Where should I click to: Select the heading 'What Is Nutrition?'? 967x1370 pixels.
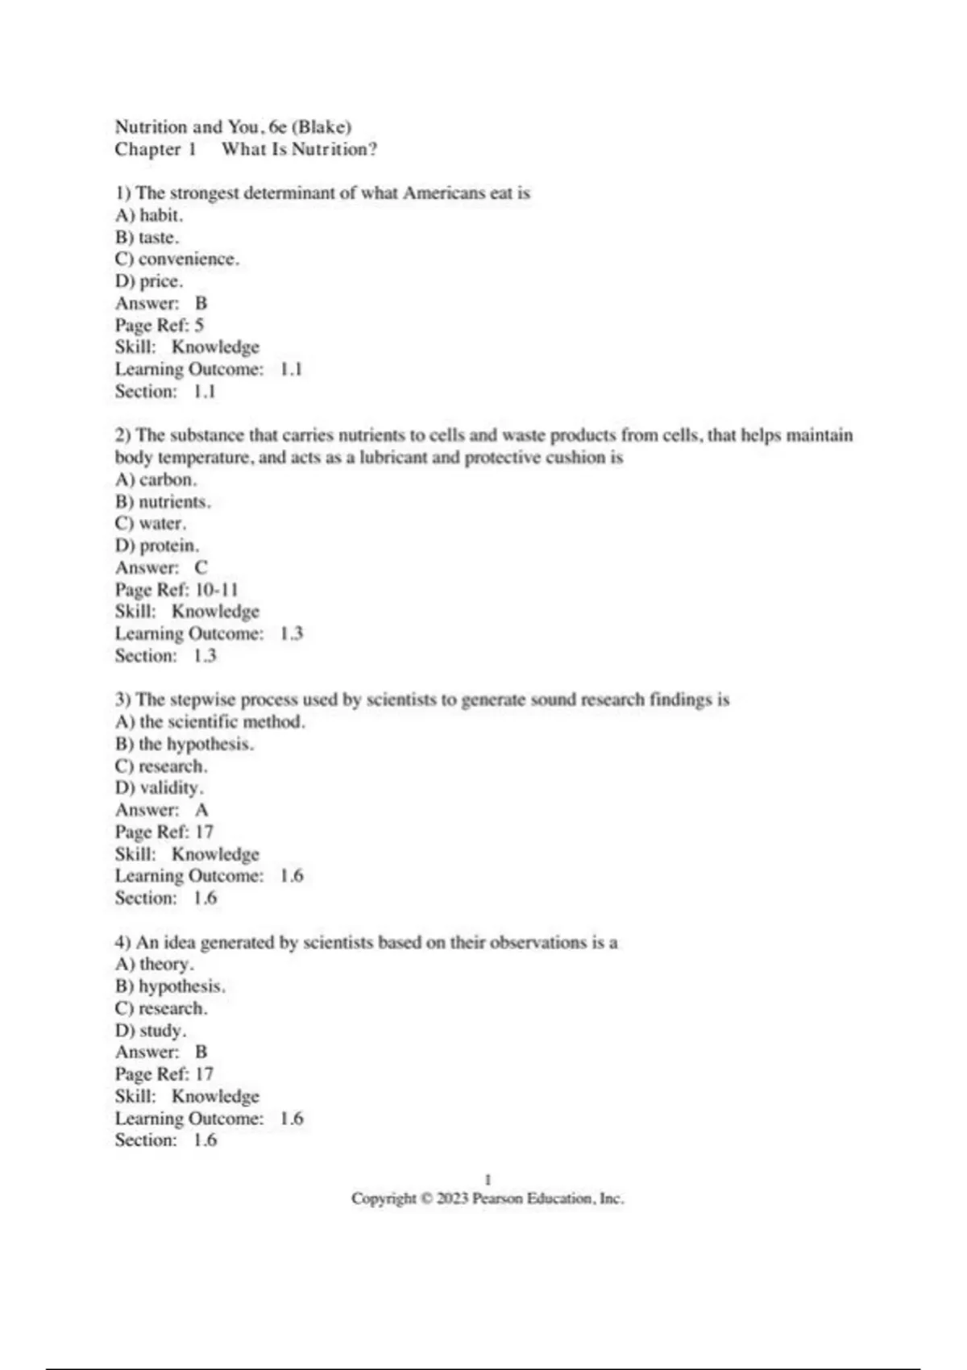[299, 149]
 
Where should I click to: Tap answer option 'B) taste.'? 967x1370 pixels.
[147, 238]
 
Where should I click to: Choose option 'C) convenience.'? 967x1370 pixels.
[177, 259]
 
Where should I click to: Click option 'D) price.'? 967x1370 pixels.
[149, 281]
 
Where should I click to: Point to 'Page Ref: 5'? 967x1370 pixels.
[160, 326]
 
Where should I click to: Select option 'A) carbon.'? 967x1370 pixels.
[156, 479]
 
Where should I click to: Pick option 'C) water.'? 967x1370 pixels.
[151, 524]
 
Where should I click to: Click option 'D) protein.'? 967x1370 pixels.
[157, 546]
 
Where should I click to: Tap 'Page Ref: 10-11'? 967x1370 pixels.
[176, 590]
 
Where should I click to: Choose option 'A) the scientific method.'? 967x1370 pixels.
[210, 722]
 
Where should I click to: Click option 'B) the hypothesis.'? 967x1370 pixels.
[185, 744]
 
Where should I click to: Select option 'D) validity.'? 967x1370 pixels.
[160, 788]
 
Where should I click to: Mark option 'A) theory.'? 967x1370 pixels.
[155, 965]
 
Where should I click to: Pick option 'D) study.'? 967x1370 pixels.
[151, 1031]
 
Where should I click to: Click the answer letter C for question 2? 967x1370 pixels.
[201, 568]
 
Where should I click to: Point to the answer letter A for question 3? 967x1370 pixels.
[201, 810]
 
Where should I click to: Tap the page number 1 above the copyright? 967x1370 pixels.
[488, 1180]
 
